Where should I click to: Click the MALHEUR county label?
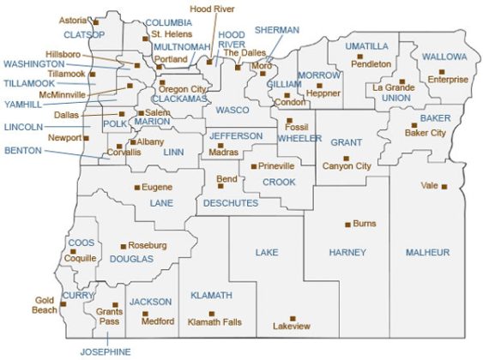coord(427,252)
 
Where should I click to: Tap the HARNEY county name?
coord(347,252)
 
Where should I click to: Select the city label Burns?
coord(365,223)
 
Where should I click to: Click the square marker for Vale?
coord(444,186)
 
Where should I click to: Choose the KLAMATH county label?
coord(211,295)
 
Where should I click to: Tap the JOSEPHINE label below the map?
coord(106,351)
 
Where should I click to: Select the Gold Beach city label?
coord(45,304)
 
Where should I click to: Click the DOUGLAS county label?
coord(132,258)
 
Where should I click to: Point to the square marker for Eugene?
coord(136,187)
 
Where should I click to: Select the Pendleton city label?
coord(371,63)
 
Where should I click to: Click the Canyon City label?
coord(347,166)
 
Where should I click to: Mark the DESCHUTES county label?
coord(231,203)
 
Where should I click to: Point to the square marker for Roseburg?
coord(123,246)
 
